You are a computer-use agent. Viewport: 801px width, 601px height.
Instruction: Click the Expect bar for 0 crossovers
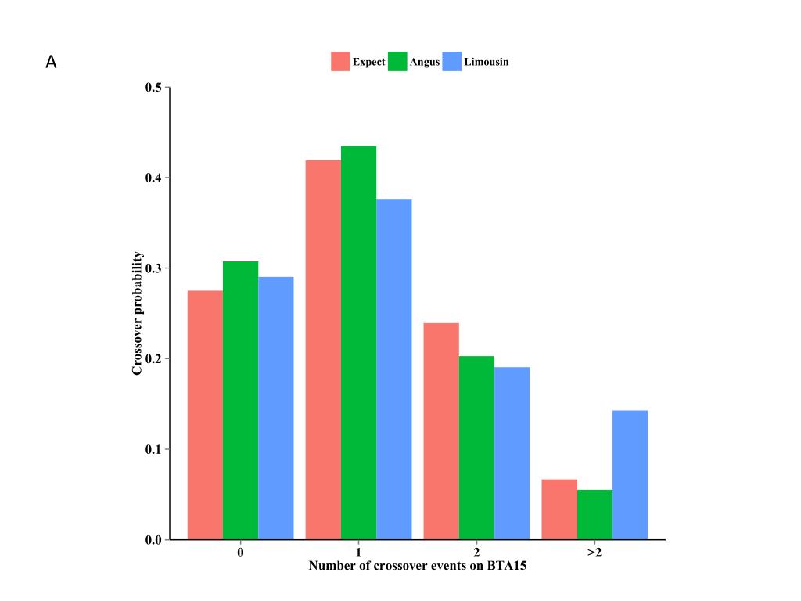(205, 415)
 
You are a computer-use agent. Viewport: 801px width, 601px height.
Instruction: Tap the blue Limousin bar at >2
(630, 475)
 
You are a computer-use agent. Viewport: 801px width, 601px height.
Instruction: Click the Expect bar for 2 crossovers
(441, 431)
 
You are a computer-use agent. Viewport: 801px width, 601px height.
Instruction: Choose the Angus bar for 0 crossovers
(240, 400)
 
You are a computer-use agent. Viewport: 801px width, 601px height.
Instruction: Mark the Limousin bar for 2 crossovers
(512, 453)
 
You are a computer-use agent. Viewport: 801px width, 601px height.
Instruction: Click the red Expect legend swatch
(340, 62)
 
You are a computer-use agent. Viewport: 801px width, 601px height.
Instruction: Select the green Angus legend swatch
(397, 62)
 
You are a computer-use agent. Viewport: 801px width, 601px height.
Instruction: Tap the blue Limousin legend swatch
(452, 62)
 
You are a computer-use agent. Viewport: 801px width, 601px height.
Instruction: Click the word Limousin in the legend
(486, 62)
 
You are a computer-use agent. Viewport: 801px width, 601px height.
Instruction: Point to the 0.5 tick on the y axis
(153, 88)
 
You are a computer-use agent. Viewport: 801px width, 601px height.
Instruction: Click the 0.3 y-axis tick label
(153, 268)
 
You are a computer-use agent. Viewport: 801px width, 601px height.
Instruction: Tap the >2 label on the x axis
(594, 552)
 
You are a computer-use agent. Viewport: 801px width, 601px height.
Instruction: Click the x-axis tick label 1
(358, 552)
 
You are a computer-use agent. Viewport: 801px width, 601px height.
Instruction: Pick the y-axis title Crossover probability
(138, 313)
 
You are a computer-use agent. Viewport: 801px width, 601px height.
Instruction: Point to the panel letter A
(51, 63)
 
